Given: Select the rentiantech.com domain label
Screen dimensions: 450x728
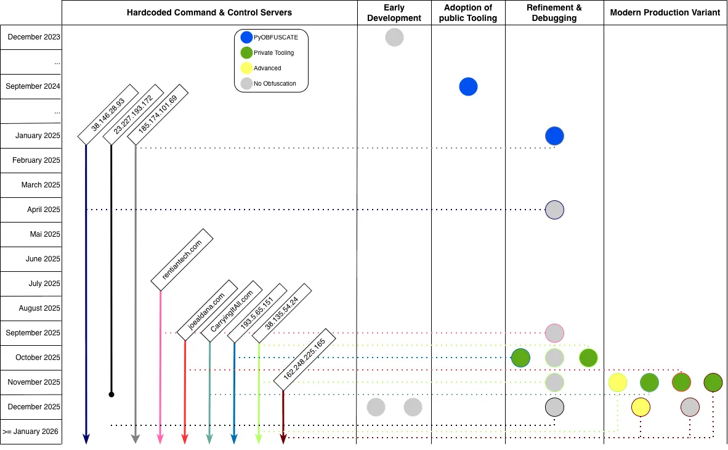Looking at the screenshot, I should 182,259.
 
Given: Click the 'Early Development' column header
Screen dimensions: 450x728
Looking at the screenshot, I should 394,13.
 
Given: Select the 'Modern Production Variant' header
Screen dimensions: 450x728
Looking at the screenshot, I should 665,13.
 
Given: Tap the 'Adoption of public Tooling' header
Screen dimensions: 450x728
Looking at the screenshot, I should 468,13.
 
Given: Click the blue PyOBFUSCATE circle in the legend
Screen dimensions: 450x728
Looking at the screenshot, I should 246,38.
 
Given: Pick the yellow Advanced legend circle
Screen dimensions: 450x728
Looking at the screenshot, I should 246,68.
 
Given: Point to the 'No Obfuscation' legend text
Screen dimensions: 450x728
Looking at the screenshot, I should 275,83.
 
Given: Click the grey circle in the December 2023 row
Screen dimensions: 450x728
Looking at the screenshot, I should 394,38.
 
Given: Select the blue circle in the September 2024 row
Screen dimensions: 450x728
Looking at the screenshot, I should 468,87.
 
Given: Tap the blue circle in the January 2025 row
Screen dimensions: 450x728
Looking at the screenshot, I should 554,136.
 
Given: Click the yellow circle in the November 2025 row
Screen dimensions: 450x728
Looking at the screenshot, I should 618,382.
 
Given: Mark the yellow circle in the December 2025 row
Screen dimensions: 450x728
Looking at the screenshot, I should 641,407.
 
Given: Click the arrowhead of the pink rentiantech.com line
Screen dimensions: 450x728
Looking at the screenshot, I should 160,439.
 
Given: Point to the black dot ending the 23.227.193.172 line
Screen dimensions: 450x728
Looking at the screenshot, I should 111,393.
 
